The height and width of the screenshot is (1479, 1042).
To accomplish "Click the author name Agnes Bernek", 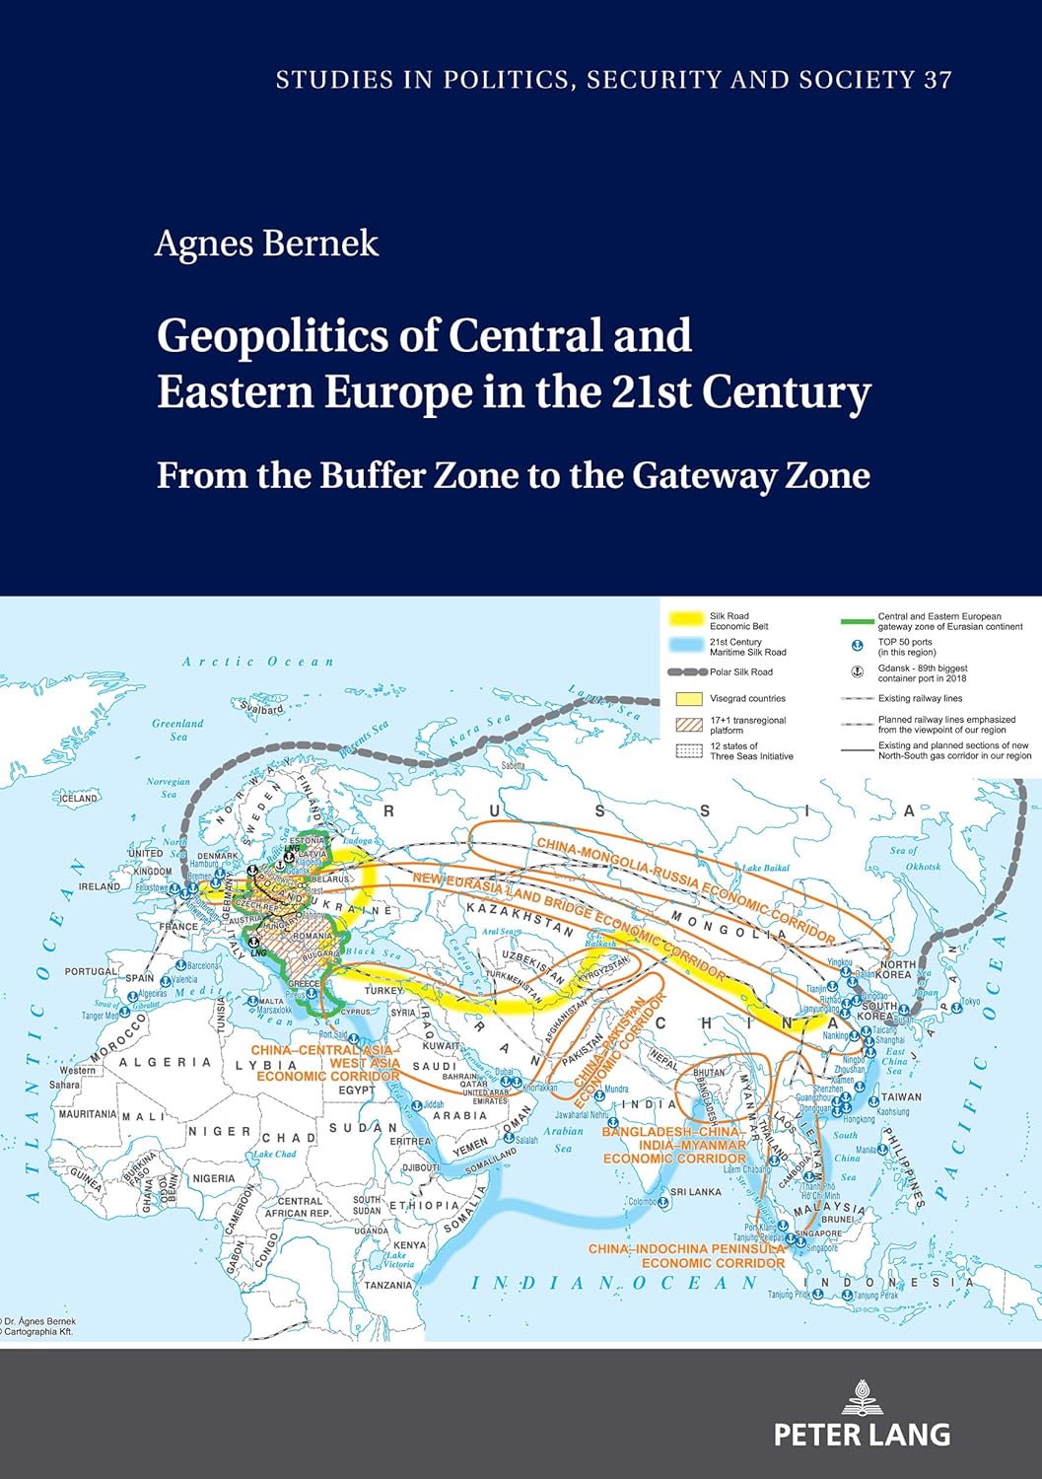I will tap(266, 244).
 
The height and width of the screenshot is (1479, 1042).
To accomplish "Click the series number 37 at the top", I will tap(938, 80).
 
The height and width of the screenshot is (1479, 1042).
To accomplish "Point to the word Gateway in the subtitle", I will tap(704, 475).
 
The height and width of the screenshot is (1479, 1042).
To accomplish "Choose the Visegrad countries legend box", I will tap(687, 698).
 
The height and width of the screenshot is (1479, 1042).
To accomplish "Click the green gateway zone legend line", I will tap(857, 621).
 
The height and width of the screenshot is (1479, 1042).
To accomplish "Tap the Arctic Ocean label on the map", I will tap(258, 662).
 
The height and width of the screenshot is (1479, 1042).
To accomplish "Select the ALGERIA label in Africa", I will tap(165, 1062).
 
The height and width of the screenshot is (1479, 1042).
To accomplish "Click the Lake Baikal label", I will tap(766, 868).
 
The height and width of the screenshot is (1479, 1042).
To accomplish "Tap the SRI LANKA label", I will tap(696, 1191).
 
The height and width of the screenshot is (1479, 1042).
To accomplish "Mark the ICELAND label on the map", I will tap(78, 798).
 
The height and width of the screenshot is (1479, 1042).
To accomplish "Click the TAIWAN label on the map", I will tap(901, 1096).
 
